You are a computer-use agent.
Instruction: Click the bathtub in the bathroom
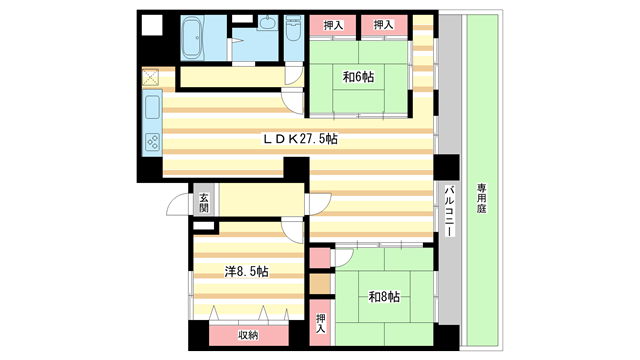(193, 38)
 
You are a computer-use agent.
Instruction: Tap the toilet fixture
(294, 28)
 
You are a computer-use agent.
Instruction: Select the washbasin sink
(267, 23)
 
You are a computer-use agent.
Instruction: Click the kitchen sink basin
(152, 107)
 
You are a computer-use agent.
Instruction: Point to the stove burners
(153, 142)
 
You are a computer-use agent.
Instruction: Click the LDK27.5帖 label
(300, 139)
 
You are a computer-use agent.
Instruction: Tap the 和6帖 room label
(358, 77)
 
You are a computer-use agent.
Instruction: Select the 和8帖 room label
(384, 296)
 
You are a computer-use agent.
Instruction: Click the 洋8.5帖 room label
(247, 271)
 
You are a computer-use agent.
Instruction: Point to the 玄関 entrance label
(204, 203)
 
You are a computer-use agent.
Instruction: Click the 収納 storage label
(248, 335)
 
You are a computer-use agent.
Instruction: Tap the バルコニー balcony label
(450, 211)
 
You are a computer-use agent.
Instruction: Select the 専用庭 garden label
(482, 198)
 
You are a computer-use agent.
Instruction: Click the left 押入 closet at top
(333, 25)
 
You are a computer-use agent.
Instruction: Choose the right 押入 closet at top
(384, 25)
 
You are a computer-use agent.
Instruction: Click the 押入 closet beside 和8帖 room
(321, 323)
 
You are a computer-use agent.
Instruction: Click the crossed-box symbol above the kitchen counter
(150, 77)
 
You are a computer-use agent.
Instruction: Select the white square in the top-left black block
(152, 25)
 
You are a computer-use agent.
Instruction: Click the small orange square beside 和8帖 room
(320, 284)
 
